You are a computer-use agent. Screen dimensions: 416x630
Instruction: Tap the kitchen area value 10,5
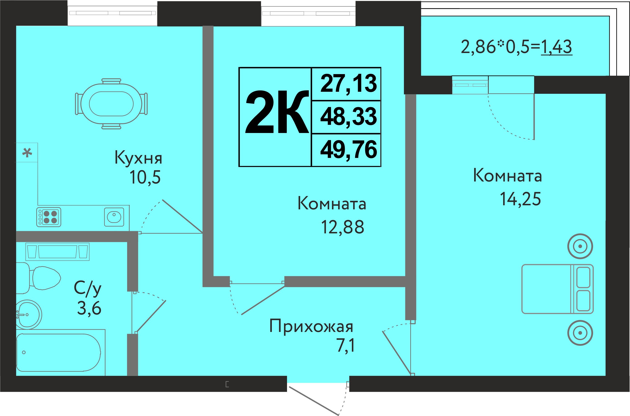pos(145,177)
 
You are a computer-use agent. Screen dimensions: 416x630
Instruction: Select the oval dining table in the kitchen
pos(111,104)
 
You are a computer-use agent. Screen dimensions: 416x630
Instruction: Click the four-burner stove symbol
pos(49,217)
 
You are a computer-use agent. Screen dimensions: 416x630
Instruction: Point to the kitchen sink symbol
pos(114,217)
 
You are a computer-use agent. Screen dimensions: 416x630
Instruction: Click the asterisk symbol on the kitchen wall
pos(27,153)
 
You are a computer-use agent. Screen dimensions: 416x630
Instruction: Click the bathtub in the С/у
pos(58,352)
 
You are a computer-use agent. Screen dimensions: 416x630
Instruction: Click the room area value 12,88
pos(343,227)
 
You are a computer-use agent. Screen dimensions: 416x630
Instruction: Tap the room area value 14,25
pos(520,199)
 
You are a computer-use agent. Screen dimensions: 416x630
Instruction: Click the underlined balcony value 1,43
pos(556,47)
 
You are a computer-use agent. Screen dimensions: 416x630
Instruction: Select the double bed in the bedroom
pos(557,289)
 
